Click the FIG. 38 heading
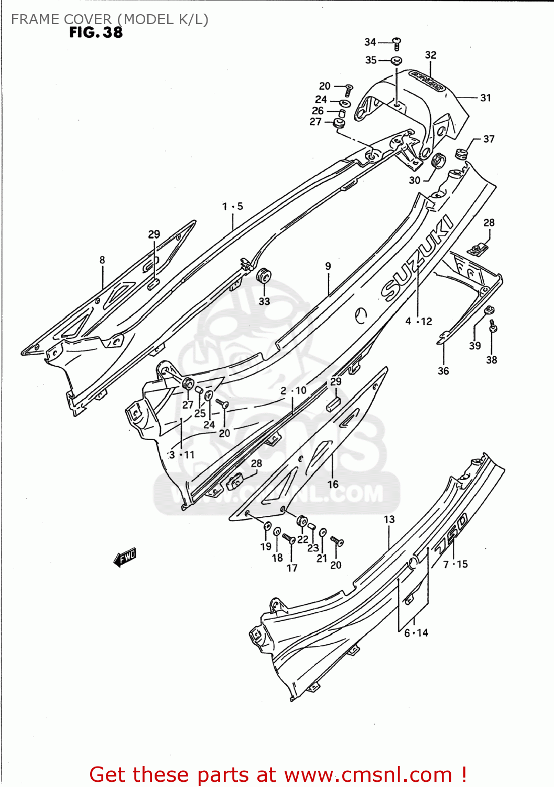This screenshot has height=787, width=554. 96,33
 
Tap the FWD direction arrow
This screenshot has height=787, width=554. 125,557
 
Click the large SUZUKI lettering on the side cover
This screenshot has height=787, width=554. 417,258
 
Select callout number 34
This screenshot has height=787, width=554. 370,42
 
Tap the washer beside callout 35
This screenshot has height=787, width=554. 397,60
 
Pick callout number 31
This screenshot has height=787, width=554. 485,98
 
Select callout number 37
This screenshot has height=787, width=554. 488,139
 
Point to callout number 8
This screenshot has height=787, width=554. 102,260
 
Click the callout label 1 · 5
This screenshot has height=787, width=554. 232,206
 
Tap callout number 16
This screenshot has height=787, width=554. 333,484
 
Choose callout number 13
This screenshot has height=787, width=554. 389,519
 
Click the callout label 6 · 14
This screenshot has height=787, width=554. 416,633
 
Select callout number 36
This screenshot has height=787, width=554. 443,371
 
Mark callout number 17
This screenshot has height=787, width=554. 292,568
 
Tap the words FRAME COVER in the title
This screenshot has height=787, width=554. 61,19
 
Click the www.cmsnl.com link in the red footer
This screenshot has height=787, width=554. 368,774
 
